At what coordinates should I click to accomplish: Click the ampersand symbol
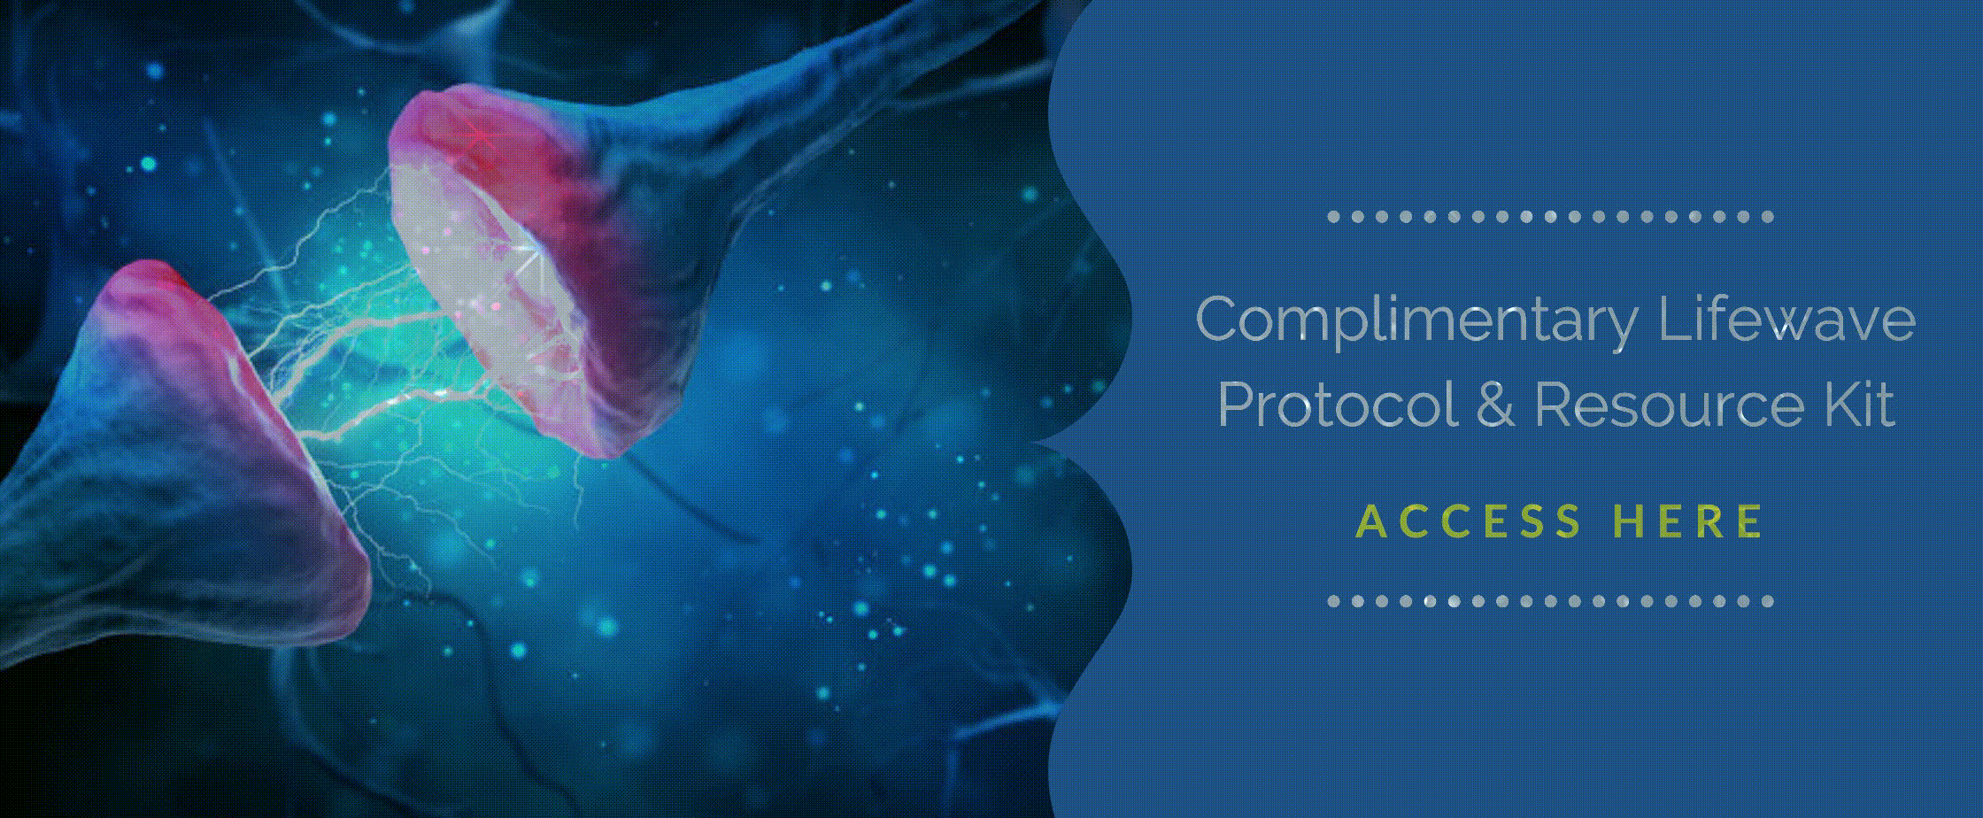(x=1494, y=405)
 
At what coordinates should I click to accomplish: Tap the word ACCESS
(x=1469, y=521)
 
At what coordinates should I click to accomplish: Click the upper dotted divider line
(x=1550, y=217)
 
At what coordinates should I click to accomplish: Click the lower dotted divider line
(x=1550, y=601)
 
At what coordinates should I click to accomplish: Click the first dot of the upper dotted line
(x=1333, y=217)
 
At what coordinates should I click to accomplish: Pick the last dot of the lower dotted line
(x=1768, y=601)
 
